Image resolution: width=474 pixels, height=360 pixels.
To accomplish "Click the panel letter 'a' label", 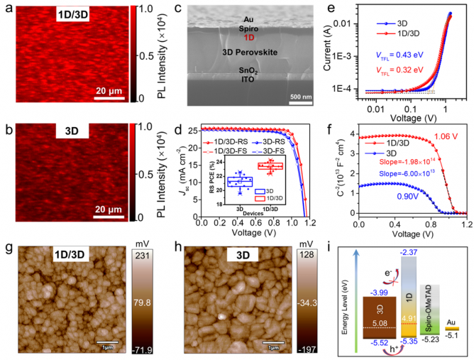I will pyautogui.click(x=8, y=9).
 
